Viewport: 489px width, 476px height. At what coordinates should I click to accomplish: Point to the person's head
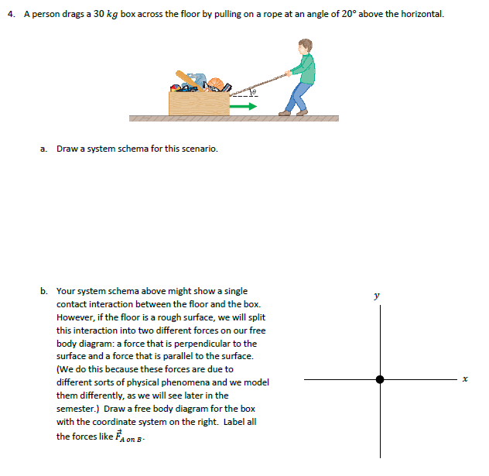coord(306,46)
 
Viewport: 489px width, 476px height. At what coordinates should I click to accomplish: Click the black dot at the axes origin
coord(379,379)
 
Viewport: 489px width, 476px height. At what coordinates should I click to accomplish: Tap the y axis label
coord(377,295)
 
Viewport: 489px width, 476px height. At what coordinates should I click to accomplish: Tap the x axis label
coord(465,379)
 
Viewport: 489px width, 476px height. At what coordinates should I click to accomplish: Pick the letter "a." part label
coord(44,149)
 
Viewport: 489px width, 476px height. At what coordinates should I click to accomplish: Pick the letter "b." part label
coord(44,291)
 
